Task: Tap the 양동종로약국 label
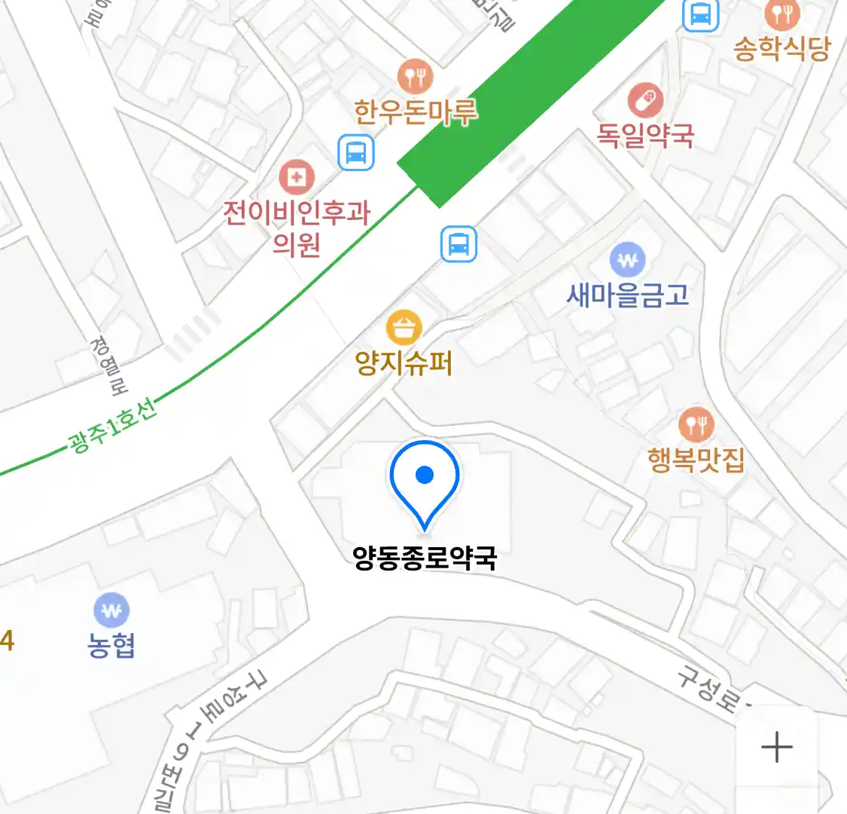pos(425,558)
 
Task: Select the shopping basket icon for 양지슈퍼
pos(404,328)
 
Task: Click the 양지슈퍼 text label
pos(404,363)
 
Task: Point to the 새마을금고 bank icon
pos(628,261)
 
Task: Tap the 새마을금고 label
pos(628,295)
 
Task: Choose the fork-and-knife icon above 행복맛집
pos(696,425)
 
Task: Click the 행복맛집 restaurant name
pos(696,459)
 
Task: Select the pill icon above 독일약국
pos(645,100)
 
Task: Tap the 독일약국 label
pos(645,135)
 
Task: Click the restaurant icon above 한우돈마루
pos(416,76)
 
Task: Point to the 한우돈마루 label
pos(416,112)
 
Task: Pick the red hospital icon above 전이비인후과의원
pos(297,178)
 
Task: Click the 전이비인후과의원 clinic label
pos(297,226)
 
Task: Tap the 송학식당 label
pos(781,49)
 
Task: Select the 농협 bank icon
pos(111,610)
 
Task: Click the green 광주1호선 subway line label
pos(113,426)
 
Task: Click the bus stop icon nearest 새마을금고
pos(459,244)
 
